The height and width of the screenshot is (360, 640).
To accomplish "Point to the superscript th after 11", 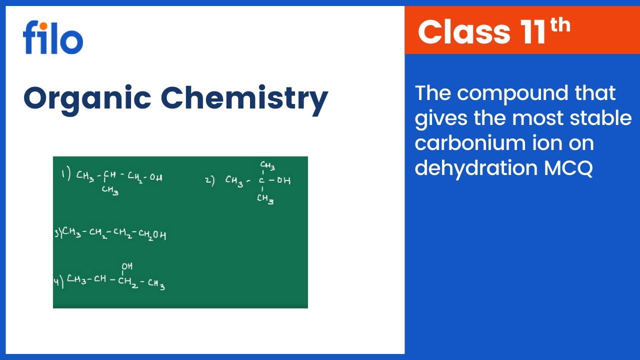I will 560,24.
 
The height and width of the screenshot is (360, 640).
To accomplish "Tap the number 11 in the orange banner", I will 531,31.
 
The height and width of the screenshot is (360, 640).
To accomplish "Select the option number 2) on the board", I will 210,180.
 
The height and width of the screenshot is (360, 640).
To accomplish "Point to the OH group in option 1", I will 155,177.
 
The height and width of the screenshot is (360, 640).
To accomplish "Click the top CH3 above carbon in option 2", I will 267,166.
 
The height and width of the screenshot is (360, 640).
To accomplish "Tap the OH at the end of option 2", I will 283,180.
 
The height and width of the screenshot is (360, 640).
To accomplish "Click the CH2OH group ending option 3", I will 152,234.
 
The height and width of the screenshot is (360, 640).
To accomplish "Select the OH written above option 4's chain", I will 127,266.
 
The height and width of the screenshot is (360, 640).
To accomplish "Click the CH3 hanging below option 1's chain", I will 110,190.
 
